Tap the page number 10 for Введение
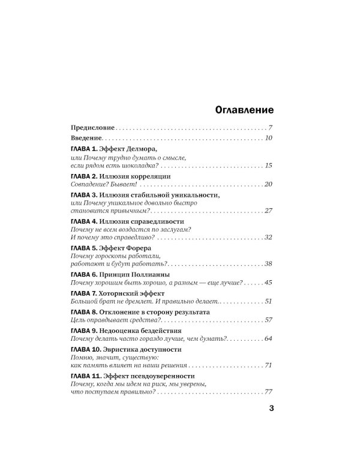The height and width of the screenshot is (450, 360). [269, 139]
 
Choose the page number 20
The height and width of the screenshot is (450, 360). [268, 184]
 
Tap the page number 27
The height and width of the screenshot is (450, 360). [269, 211]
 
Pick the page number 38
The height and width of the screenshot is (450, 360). [269, 265]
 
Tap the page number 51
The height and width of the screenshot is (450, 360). [269, 301]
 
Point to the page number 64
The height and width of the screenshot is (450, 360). [269, 339]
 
